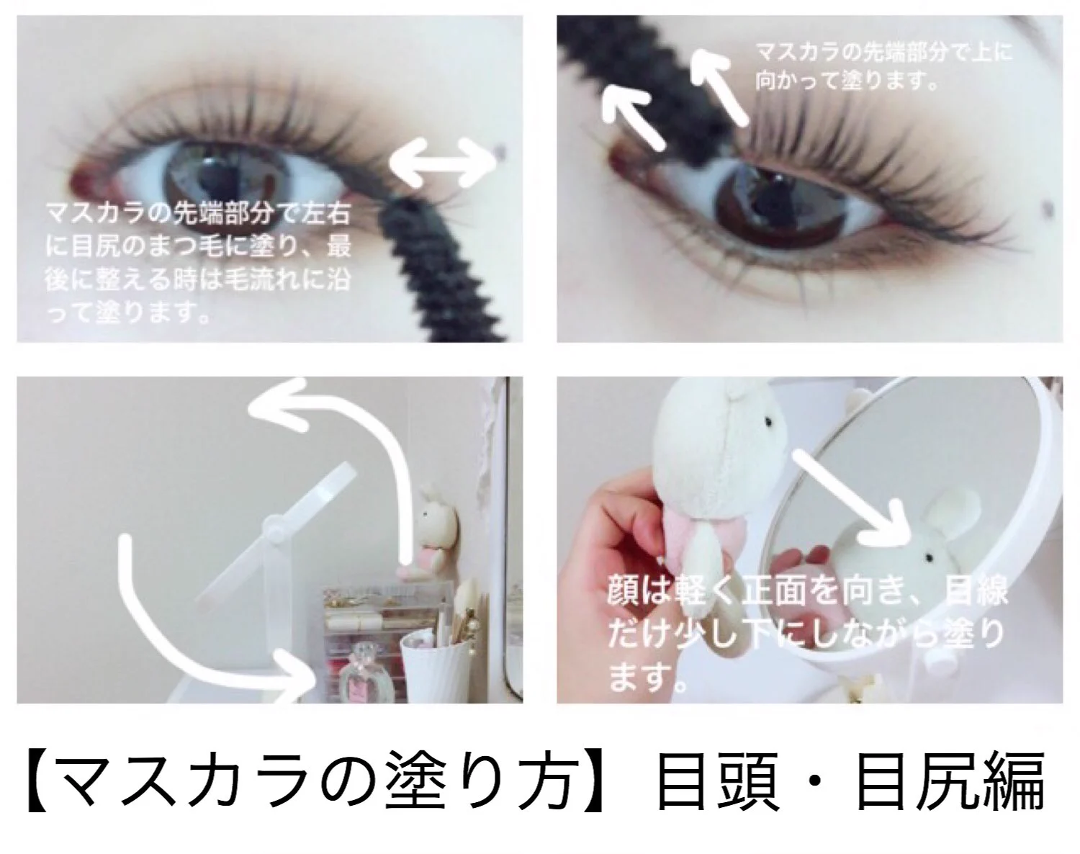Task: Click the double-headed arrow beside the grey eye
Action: click(x=444, y=163)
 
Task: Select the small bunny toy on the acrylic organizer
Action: click(x=433, y=530)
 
